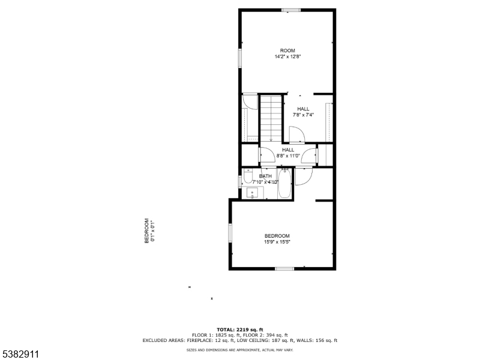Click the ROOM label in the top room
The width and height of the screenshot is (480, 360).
coord(287,50)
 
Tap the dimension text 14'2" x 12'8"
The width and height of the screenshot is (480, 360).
coord(287,57)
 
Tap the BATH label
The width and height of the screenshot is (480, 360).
coord(265,176)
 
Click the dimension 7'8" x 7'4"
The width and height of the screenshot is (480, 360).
coord(303,115)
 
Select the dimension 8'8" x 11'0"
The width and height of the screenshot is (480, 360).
coord(288,156)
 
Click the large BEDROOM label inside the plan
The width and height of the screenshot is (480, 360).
coord(277,236)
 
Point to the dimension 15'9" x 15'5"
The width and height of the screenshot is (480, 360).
coord(277,242)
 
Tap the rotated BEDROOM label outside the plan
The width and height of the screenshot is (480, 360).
coord(146,231)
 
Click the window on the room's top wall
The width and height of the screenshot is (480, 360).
coord(291,10)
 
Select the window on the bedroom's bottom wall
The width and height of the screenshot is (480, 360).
coord(284,268)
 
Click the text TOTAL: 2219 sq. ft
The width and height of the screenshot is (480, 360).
coord(240,329)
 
